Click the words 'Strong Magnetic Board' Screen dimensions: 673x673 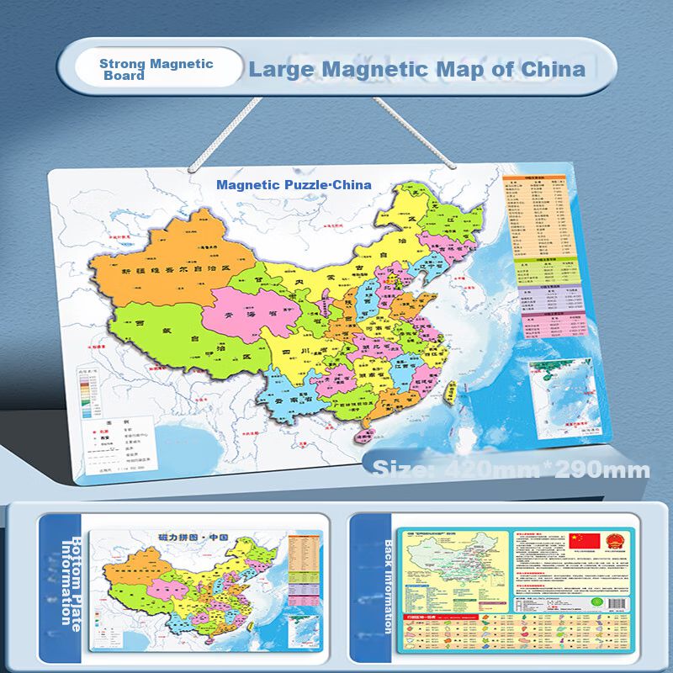pyautogui.click(x=156, y=69)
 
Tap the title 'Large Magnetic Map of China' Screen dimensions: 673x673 pyautogui.click(x=416, y=69)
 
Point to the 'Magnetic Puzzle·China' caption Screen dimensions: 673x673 pyautogui.click(x=294, y=183)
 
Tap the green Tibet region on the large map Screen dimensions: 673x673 pyautogui.click(x=168, y=336)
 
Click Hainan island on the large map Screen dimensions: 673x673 pyautogui.click(x=367, y=435)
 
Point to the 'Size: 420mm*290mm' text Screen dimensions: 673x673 pyautogui.click(x=511, y=469)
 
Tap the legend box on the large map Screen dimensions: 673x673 pyautogui.click(x=121, y=442)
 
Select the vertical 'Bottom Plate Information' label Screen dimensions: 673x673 pyautogui.click(x=68, y=580)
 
